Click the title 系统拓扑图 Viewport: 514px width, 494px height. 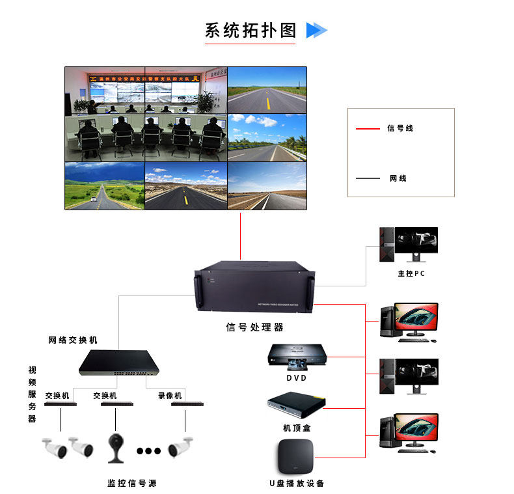(250, 31)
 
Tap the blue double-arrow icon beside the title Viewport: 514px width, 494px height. (316, 30)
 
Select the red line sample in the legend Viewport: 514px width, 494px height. (368, 129)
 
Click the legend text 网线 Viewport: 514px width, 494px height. (398, 178)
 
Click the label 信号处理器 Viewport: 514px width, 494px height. (254, 327)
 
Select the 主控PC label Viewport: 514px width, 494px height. (411, 273)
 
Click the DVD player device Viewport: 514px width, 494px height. (297, 355)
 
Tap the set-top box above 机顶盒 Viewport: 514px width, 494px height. (296, 405)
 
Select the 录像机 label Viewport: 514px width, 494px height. (170, 395)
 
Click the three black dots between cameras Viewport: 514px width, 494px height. (148, 450)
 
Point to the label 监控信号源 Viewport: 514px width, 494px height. (131, 483)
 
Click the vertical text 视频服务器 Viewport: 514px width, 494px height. (32, 394)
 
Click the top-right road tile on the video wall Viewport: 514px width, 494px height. (267, 90)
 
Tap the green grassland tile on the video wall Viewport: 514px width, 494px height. (104, 186)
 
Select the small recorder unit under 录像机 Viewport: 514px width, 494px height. (184, 404)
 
